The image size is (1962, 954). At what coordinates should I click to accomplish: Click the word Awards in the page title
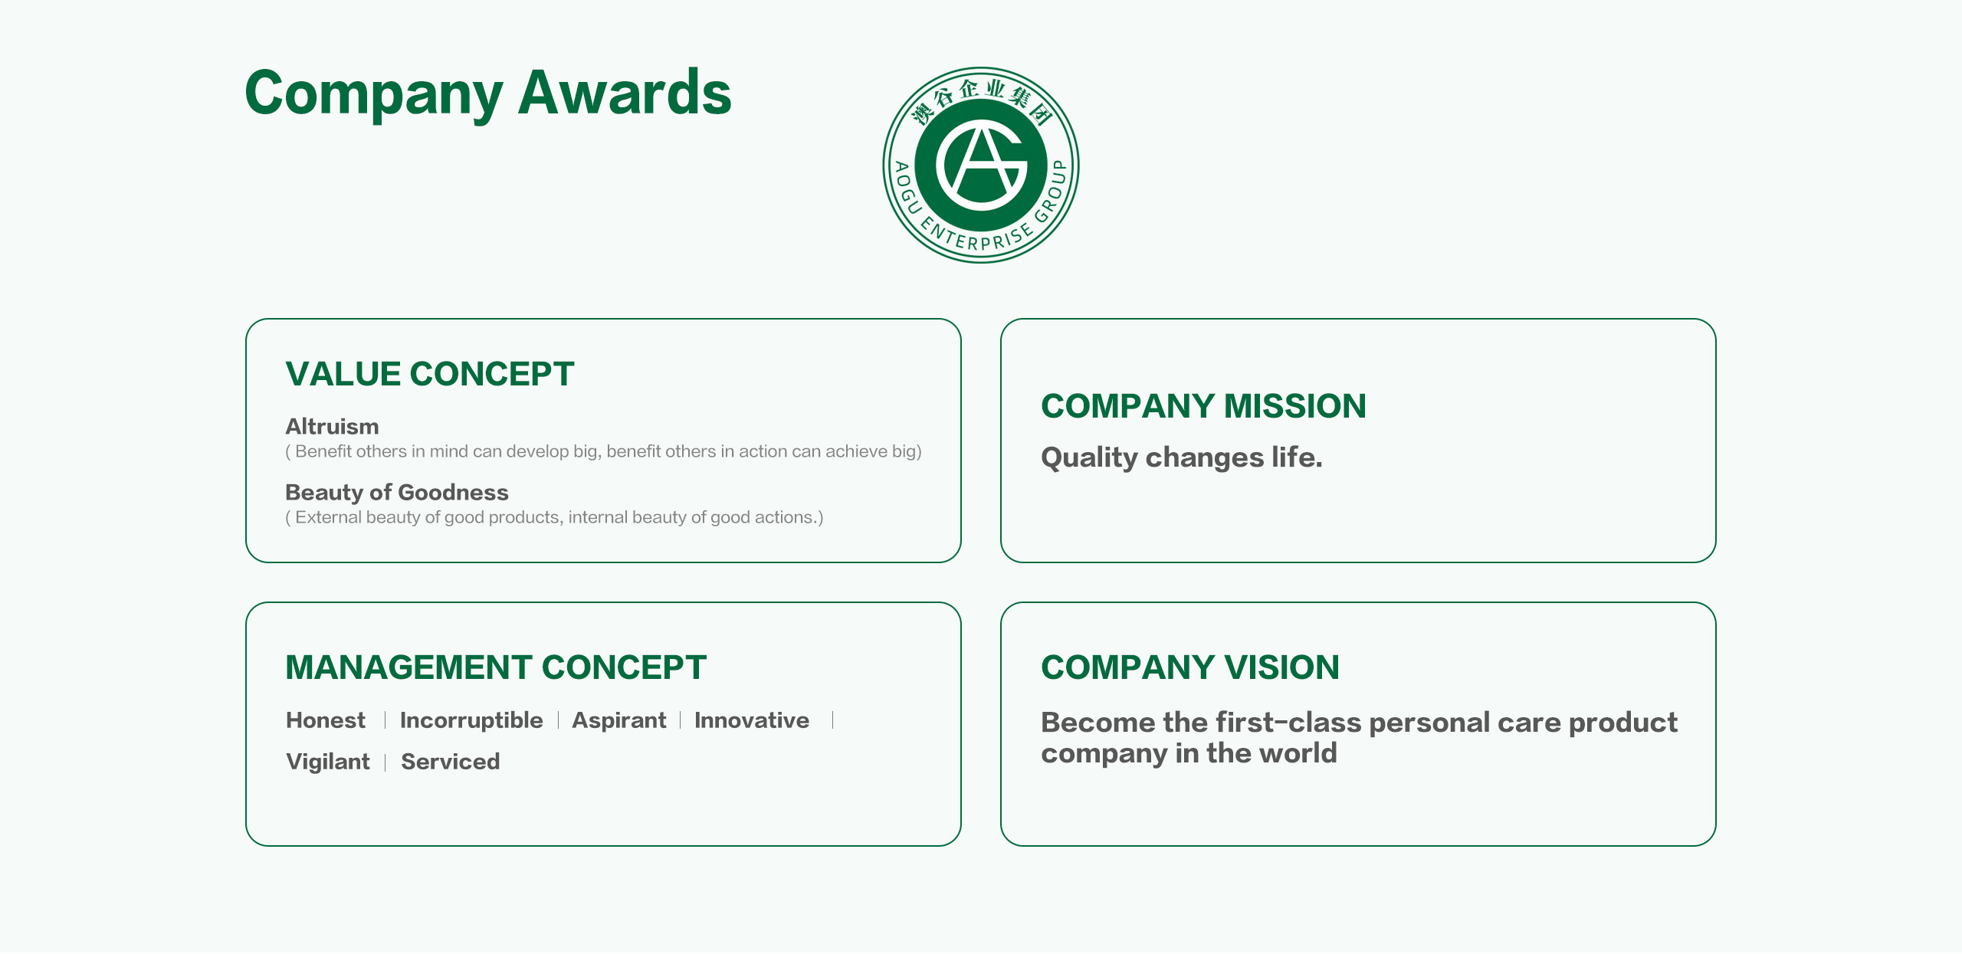coord(625,93)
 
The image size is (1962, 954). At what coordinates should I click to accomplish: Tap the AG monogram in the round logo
coord(981,165)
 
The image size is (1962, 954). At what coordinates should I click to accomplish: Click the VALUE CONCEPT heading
coord(430,374)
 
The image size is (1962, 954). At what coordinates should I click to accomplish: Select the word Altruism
coord(332,426)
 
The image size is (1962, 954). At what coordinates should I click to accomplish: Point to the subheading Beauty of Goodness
coord(397,492)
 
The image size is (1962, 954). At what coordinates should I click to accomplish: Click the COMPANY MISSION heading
coord(1203,406)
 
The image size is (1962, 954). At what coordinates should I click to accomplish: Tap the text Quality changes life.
coord(1182,457)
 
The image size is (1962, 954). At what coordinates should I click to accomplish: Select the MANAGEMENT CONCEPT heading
coord(496,667)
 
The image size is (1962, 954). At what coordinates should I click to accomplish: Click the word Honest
coord(326,720)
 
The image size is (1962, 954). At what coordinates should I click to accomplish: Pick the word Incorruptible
coord(471,720)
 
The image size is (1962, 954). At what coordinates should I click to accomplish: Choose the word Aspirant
coord(619,720)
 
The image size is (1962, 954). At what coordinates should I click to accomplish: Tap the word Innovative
coord(752,720)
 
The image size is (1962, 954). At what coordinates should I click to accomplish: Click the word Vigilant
coord(328,762)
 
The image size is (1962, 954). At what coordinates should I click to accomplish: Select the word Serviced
coord(451,762)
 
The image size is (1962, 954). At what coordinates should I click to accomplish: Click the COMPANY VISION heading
coord(1190,667)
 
